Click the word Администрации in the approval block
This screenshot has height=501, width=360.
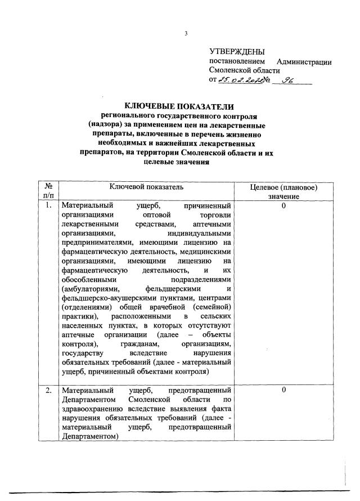(x=304, y=61)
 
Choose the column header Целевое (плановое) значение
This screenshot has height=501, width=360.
(x=284, y=191)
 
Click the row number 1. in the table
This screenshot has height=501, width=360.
(x=48, y=206)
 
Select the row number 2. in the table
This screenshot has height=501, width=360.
(x=48, y=390)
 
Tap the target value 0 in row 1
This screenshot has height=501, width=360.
(x=284, y=206)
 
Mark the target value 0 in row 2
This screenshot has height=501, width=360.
(x=284, y=390)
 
